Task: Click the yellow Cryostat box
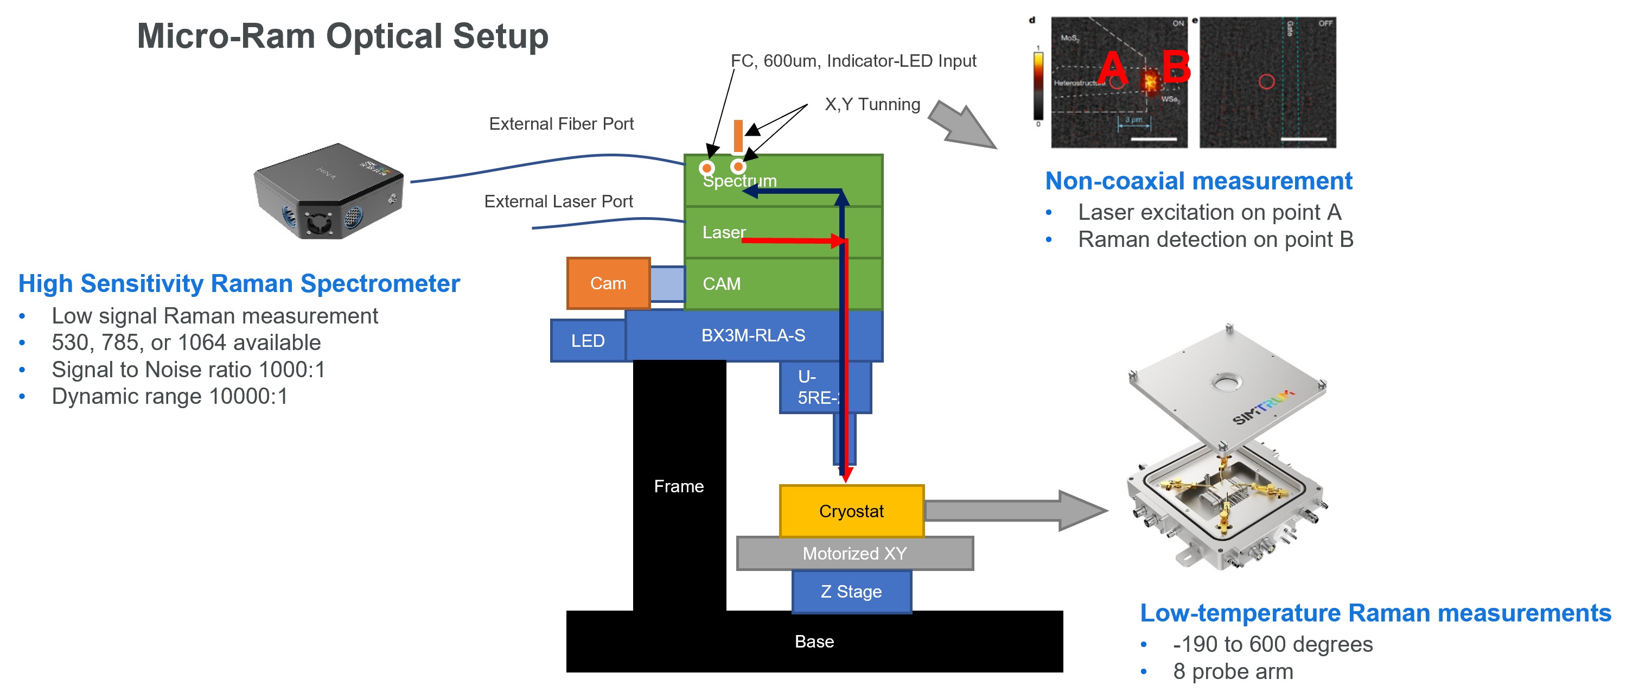851,511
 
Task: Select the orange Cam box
608,283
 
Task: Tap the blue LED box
587,341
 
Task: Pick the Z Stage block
851,592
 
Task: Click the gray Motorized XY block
854,554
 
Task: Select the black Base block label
814,642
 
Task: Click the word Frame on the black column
678,486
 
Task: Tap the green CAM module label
722,284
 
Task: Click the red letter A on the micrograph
1112,67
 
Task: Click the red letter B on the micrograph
1176,66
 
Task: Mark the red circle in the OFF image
1266,81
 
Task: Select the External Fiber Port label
561,124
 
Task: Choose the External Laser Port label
558,202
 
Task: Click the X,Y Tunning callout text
872,104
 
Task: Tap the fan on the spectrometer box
316,223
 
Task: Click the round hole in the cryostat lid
1226,383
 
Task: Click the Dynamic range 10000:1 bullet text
169,396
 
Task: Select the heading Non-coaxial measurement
1198,181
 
